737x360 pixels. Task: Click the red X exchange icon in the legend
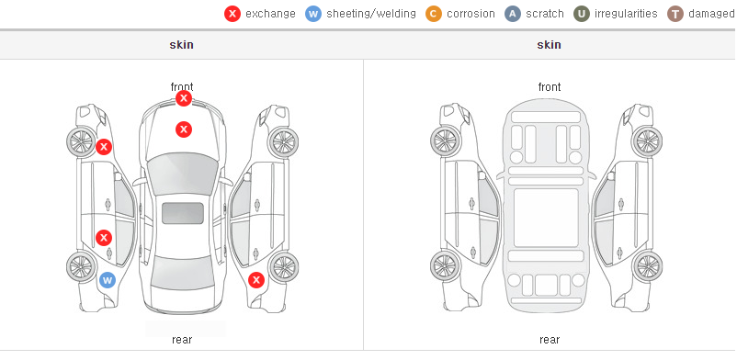[232, 14]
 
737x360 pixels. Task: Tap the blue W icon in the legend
[313, 14]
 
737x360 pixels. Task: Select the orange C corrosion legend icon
[434, 14]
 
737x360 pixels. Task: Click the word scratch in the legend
[545, 14]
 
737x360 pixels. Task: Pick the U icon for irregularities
[582, 14]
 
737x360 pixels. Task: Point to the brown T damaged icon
[675, 14]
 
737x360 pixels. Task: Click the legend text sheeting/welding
[371, 14]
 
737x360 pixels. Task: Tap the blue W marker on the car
[108, 281]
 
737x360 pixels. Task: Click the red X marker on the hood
[184, 129]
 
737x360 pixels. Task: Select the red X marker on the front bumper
[184, 98]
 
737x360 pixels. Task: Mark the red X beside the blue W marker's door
[104, 238]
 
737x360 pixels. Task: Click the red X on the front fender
[104, 147]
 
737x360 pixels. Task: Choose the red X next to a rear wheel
[256, 281]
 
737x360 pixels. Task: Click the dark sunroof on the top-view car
[183, 213]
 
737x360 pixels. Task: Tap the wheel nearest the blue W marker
[82, 267]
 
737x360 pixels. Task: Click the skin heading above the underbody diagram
[549, 45]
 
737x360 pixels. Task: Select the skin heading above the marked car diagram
[181, 45]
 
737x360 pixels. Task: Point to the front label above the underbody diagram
[550, 87]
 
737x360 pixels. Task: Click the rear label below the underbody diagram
[550, 339]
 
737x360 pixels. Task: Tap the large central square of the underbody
[546, 218]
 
